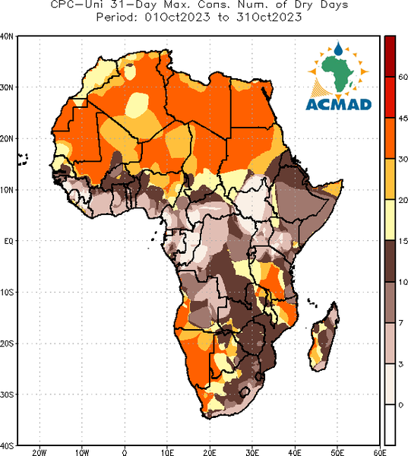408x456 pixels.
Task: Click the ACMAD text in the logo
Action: [x=339, y=105]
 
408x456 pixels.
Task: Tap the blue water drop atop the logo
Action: [x=338, y=49]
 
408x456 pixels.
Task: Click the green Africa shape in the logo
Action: [x=337, y=73]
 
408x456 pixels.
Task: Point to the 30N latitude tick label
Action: [x=6, y=87]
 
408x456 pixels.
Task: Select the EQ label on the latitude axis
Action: [x=8, y=241]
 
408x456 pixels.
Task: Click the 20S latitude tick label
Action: [x=6, y=344]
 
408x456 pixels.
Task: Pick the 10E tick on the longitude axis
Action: [x=167, y=452]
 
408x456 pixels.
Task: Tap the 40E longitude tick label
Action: [x=295, y=452]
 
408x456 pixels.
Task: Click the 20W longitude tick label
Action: [x=40, y=452]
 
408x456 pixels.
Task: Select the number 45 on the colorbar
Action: [x=403, y=119]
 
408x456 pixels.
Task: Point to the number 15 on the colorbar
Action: [x=403, y=241]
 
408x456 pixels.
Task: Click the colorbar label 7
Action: [x=401, y=323]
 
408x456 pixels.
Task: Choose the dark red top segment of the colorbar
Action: [x=390, y=56]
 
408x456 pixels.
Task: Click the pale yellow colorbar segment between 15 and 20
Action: [x=390, y=220]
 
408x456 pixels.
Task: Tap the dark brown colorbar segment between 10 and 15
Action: [x=390, y=261]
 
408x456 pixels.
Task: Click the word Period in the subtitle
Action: [x=116, y=17]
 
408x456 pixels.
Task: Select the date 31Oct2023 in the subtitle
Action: [x=269, y=17]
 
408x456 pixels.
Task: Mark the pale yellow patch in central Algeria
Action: [x=138, y=105]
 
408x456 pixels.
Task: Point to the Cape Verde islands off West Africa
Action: [x=22, y=160]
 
